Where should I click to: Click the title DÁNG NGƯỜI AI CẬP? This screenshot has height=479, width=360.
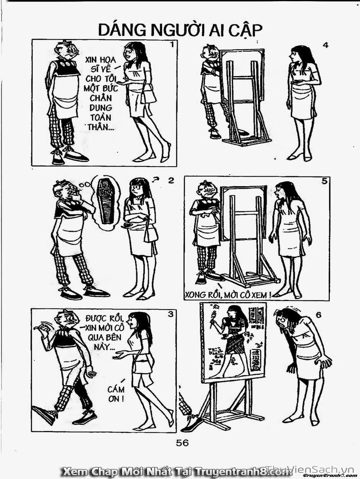coord(180,31)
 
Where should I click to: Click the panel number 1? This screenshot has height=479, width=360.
coord(172,45)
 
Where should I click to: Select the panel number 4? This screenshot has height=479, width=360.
coord(325,45)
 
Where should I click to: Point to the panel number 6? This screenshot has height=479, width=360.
coord(318,316)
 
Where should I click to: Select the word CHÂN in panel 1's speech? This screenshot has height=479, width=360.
coord(101,98)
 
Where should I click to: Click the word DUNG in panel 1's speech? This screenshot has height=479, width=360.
coord(101,108)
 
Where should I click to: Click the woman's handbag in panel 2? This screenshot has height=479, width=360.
coord(151,235)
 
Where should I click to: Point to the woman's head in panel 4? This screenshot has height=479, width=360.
coord(298,56)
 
